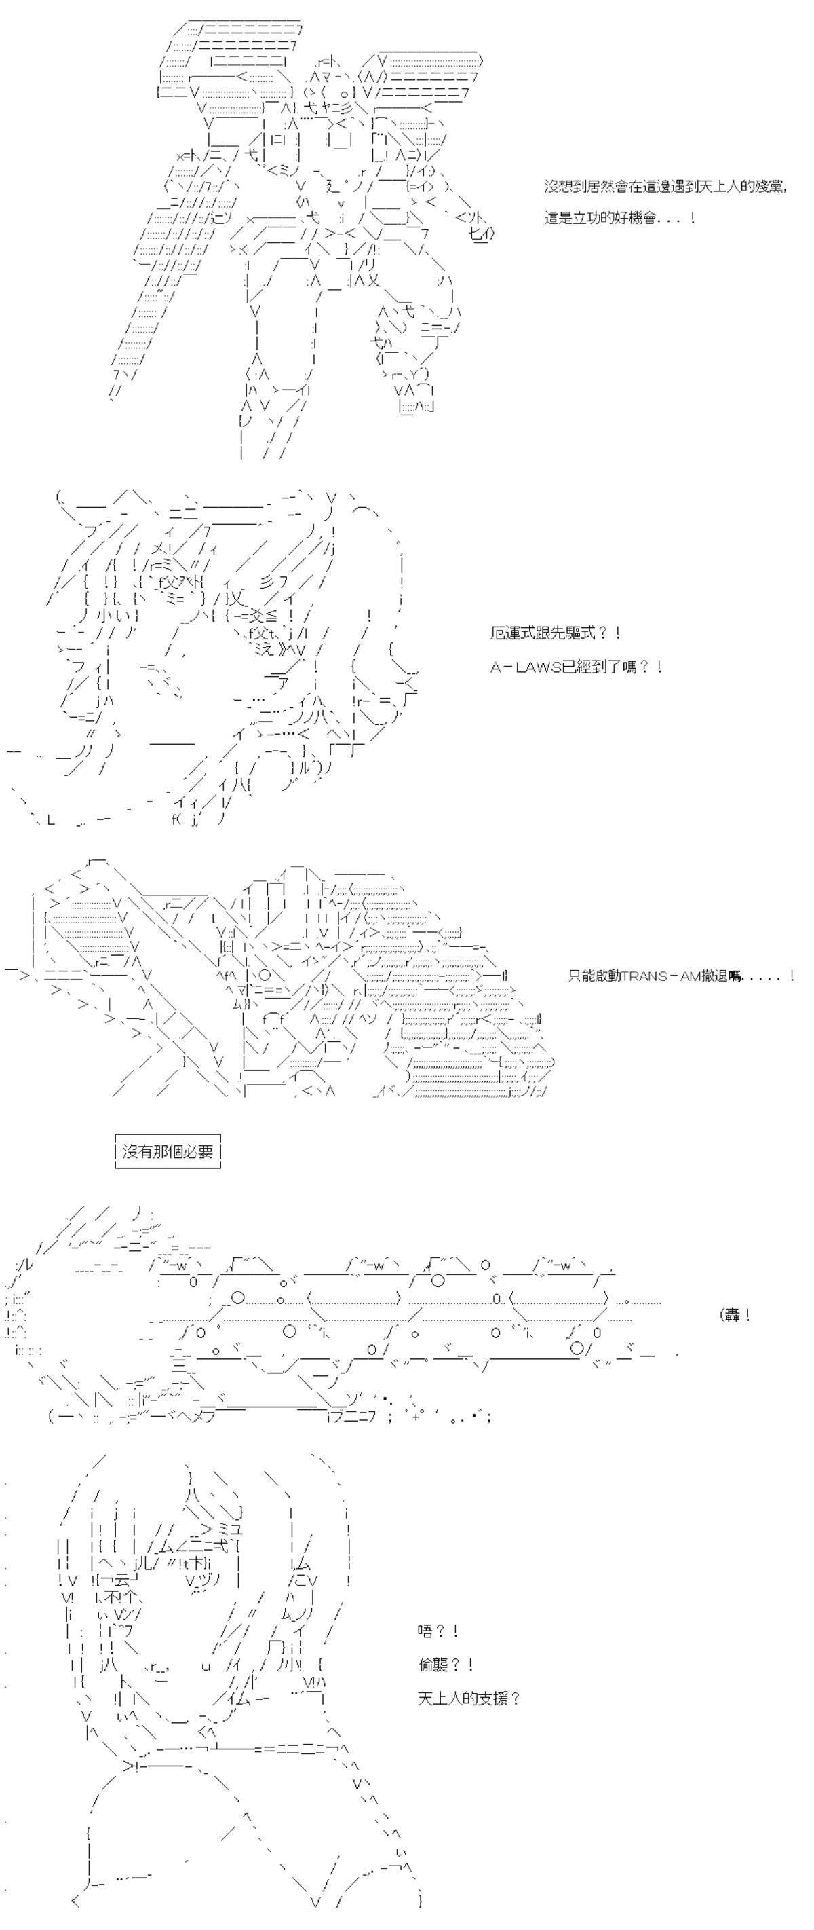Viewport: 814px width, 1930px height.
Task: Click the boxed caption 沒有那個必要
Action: tap(168, 1151)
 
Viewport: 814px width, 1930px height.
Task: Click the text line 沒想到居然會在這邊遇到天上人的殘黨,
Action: tap(665, 187)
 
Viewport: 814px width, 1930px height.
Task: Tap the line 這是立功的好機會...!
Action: tap(621, 219)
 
